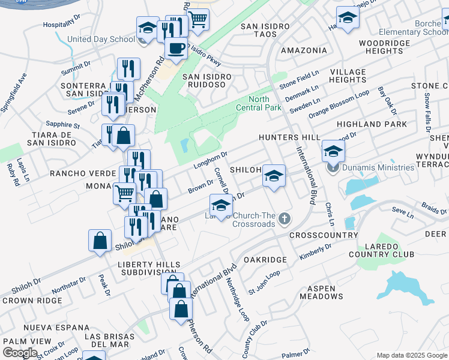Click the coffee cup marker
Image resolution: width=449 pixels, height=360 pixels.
point(176,48)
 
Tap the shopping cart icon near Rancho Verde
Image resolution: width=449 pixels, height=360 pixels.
point(124,193)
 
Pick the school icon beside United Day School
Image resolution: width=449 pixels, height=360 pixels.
point(147,28)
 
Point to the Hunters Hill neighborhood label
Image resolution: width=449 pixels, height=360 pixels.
point(289,137)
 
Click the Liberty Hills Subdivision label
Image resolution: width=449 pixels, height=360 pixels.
point(148,269)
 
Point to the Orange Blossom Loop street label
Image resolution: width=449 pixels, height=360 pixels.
point(339,104)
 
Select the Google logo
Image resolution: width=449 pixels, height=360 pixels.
point(20,352)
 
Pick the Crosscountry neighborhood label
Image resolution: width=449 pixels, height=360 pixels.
point(324,235)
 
